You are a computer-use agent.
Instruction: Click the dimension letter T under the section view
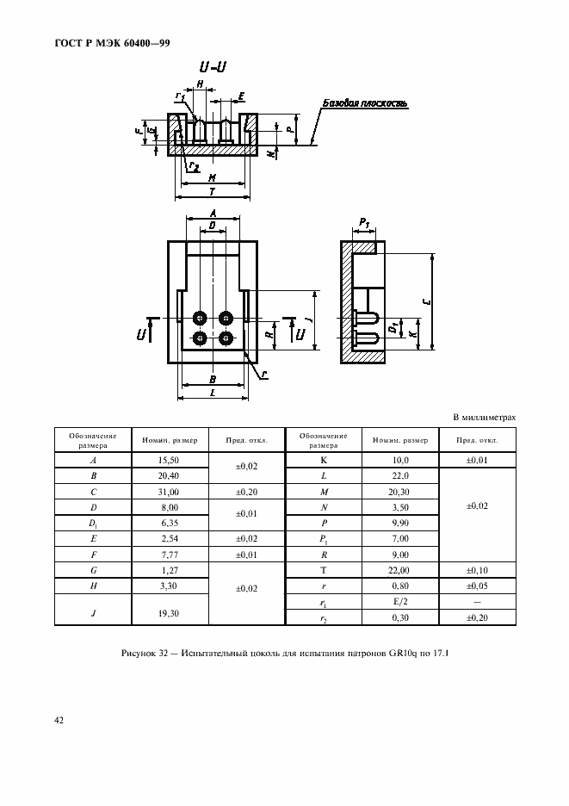pyautogui.click(x=213, y=191)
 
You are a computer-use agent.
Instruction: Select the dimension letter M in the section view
pyautogui.click(x=211, y=177)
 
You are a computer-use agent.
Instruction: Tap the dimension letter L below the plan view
pyautogui.click(x=212, y=392)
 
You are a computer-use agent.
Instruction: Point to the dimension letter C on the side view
pyautogui.click(x=427, y=302)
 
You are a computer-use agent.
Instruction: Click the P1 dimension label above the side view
pyautogui.click(x=363, y=223)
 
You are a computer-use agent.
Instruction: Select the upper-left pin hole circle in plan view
pyautogui.click(x=201, y=317)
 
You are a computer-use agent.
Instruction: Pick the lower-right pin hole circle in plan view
pyautogui.click(x=226, y=337)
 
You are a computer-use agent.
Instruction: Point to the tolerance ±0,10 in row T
pyautogui.click(x=477, y=570)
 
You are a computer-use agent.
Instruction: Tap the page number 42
pyautogui.click(x=59, y=719)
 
